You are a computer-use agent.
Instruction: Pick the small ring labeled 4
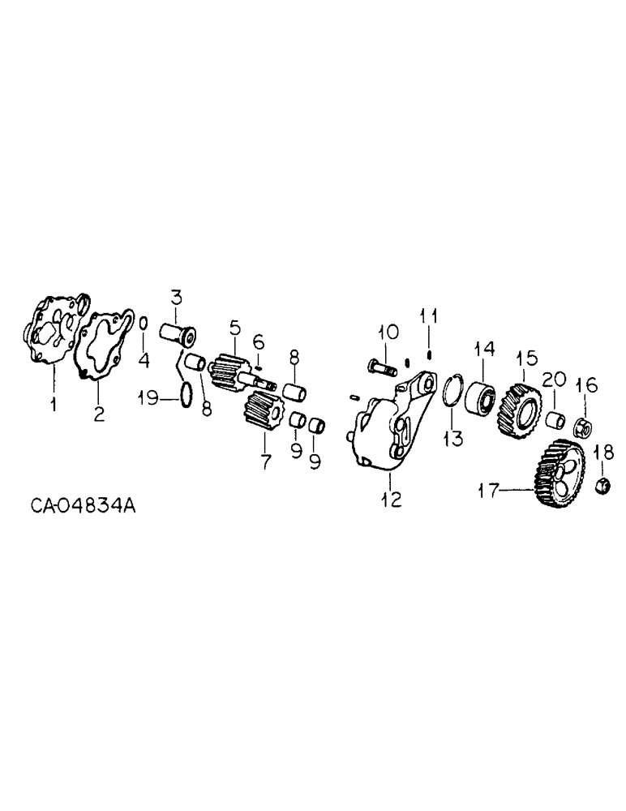(142, 323)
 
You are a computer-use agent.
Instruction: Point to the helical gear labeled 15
(519, 398)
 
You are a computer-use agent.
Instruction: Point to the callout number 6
(258, 340)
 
